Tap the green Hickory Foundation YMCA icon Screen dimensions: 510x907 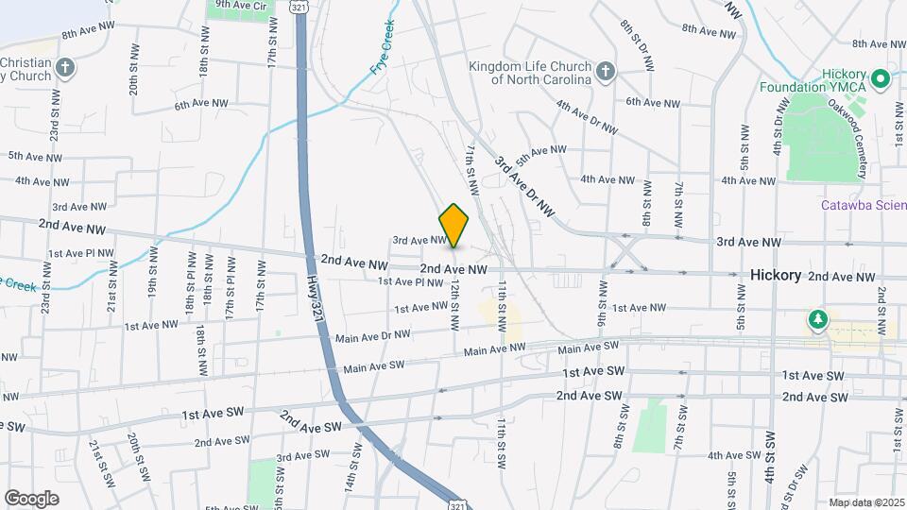(x=881, y=77)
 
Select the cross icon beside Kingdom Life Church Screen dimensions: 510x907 (x=605, y=71)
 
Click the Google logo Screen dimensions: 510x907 (x=32, y=498)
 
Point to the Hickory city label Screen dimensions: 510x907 (x=776, y=275)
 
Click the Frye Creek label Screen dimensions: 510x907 (x=382, y=47)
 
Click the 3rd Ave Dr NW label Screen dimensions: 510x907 (x=523, y=184)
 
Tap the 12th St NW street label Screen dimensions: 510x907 (x=454, y=303)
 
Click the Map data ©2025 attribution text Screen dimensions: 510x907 (x=865, y=502)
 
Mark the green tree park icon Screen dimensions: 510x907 (x=816, y=321)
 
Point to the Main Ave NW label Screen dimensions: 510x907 (x=493, y=348)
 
